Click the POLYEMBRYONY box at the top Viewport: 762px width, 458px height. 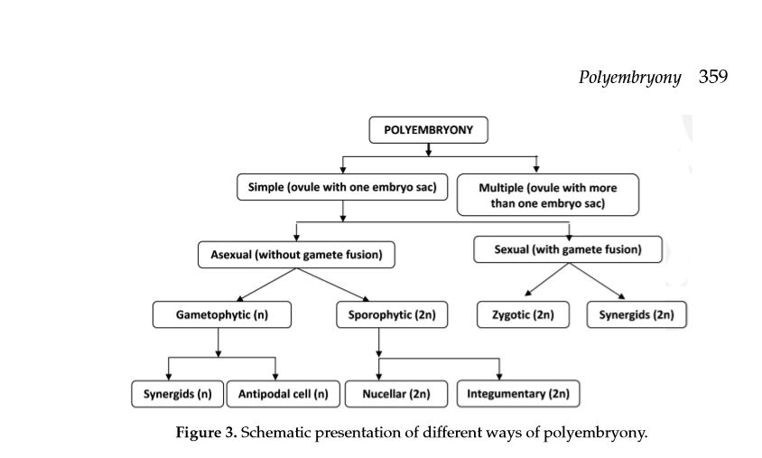point(428,130)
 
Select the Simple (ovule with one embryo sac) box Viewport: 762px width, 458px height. point(342,188)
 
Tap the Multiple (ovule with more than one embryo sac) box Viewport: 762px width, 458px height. point(547,195)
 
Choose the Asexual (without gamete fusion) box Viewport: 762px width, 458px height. point(296,256)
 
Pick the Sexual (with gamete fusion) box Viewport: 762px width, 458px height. point(568,250)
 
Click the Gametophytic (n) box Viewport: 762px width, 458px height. point(221,315)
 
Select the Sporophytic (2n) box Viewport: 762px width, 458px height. point(378,315)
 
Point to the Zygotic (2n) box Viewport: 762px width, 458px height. point(523,315)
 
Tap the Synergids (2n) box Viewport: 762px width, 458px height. point(637,315)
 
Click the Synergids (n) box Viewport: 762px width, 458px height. point(177,394)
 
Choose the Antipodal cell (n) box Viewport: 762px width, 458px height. point(283,394)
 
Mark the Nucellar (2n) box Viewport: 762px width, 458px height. point(396,394)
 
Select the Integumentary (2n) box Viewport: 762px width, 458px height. point(518,394)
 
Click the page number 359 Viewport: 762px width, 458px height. point(712,77)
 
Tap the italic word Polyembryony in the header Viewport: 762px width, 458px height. point(629,78)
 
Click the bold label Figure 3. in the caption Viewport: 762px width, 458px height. point(206,433)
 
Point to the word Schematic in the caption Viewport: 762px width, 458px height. point(274,433)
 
